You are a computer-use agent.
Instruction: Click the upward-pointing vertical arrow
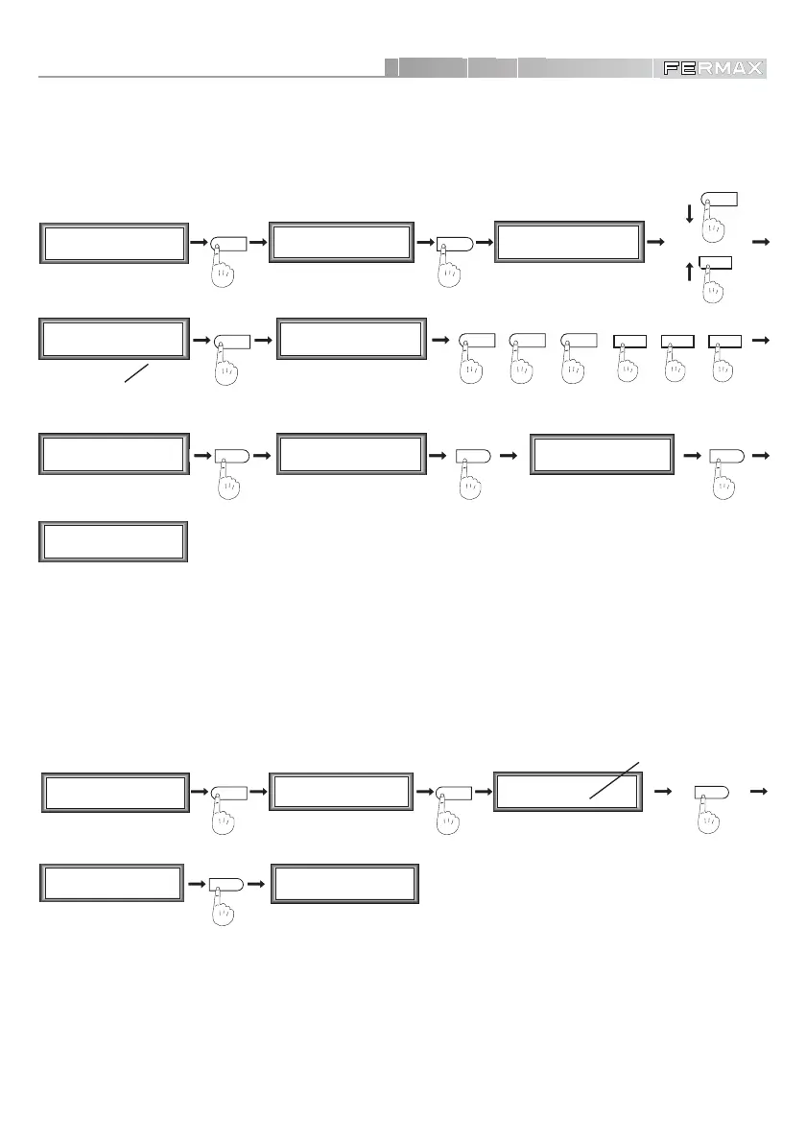[689, 270]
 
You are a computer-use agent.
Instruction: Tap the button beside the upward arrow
[717, 262]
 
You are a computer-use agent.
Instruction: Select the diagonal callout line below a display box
[137, 373]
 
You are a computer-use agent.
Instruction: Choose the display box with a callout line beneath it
[111, 340]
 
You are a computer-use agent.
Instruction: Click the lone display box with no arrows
[111, 541]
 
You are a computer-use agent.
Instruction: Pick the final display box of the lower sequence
[344, 884]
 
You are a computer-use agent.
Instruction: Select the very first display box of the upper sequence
[111, 244]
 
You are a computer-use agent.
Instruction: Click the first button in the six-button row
[477, 340]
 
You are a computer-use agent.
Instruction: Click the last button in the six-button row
[724, 340]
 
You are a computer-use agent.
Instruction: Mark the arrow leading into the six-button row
[441, 340]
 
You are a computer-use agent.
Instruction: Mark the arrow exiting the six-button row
[761, 340]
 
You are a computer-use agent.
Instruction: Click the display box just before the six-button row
[349, 340]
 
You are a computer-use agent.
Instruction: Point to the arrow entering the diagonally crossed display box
[483, 794]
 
